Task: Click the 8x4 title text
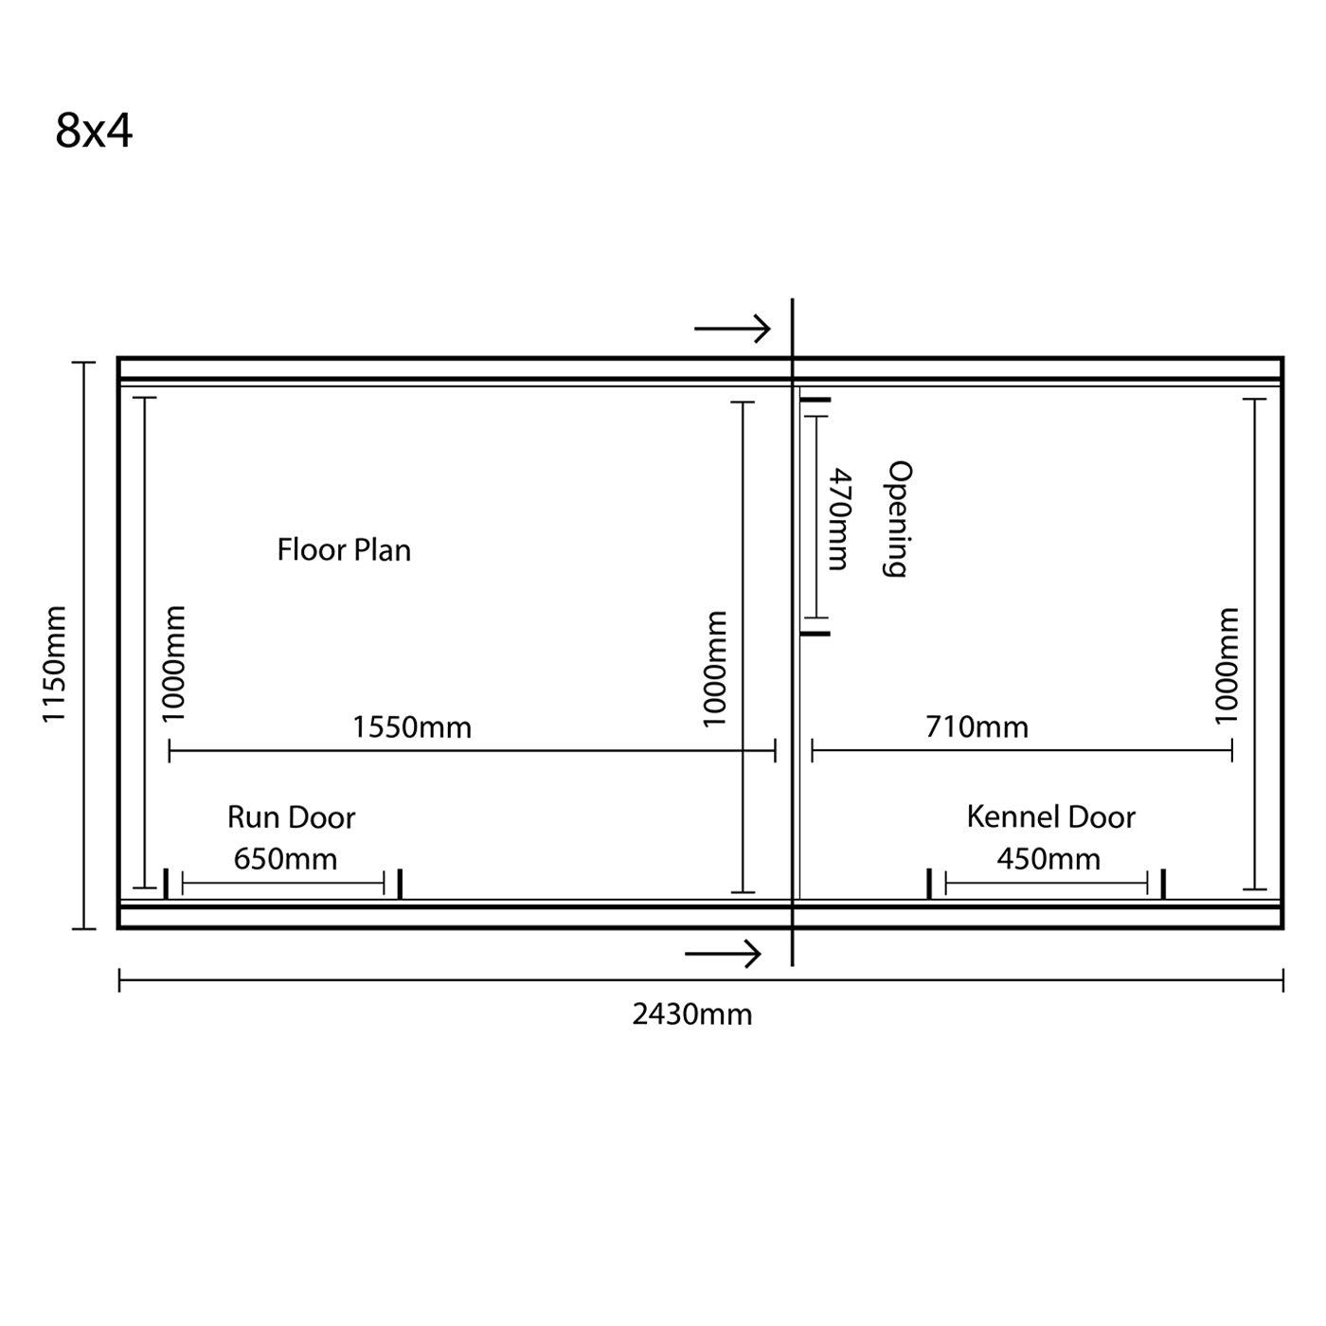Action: (x=94, y=131)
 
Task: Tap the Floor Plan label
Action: (x=344, y=550)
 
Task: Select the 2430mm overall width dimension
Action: (x=691, y=1014)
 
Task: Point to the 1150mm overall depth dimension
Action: (x=54, y=664)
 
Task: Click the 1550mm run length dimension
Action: (x=411, y=727)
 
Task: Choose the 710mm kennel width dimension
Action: (x=977, y=726)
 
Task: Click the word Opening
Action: (x=897, y=519)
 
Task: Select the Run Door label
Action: (x=291, y=817)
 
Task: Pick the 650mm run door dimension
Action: (x=285, y=859)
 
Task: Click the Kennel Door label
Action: (x=1050, y=816)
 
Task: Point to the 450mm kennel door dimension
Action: (x=1048, y=859)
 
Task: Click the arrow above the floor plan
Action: (x=732, y=329)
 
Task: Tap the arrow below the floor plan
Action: (x=723, y=954)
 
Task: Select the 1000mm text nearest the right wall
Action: (x=1226, y=666)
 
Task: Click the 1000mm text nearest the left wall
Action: (x=172, y=663)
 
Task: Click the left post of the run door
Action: (x=166, y=884)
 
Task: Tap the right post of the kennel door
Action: (x=1163, y=884)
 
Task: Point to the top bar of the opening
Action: (x=815, y=400)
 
